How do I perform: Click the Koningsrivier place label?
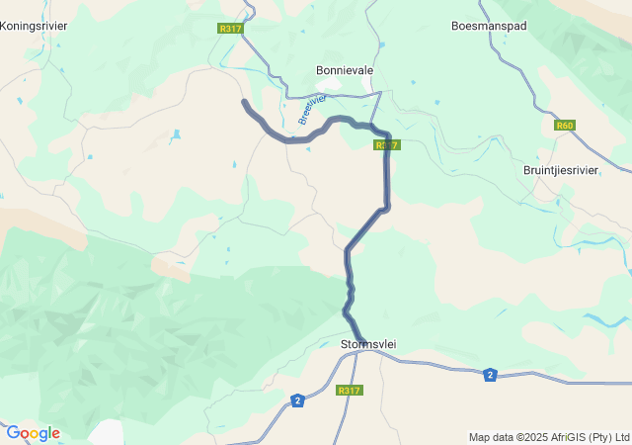click(x=34, y=25)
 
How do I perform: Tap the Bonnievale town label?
click(x=345, y=71)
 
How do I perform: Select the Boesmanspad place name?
click(x=488, y=25)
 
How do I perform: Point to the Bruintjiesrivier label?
click(x=560, y=170)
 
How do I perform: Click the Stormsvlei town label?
click(x=367, y=344)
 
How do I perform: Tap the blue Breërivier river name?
click(x=311, y=110)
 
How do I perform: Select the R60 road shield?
click(x=564, y=126)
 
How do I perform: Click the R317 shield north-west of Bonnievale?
click(x=231, y=29)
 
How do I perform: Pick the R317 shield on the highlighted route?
click(x=386, y=145)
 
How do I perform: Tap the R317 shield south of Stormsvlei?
click(x=349, y=391)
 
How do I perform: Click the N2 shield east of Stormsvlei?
click(x=490, y=374)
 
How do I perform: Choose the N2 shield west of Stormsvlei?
click(x=297, y=400)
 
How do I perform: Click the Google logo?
click(x=33, y=433)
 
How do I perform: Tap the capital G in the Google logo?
click(x=13, y=433)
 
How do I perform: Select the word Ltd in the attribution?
click(x=621, y=437)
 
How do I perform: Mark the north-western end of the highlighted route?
click(x=244, y=101)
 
